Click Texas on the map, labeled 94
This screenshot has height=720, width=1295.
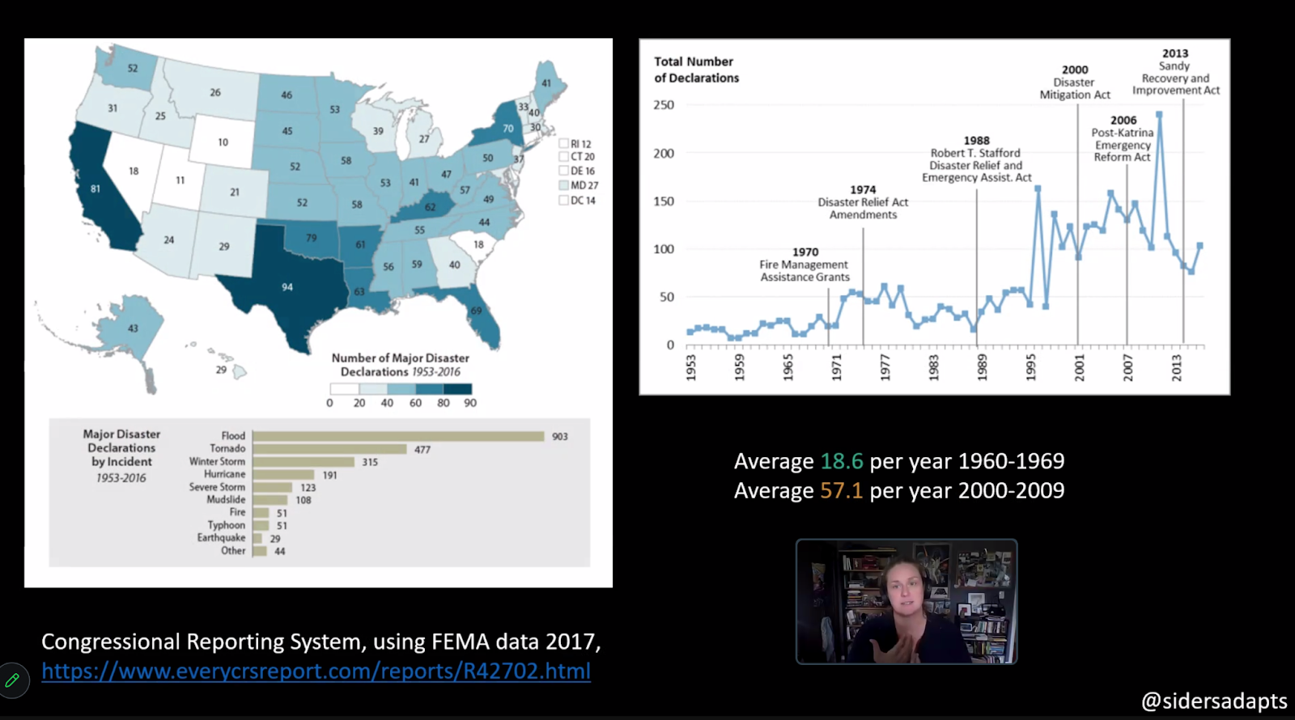[287, 287]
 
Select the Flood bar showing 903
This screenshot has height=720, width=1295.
[398, 436]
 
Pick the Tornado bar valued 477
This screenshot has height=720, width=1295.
[329, 449]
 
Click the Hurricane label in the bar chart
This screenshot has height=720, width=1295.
[224, 474]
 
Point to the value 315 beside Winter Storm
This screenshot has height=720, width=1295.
[370, 462]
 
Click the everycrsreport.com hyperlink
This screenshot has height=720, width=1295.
[316, 671]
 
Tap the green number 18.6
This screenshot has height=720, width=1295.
[842, 461]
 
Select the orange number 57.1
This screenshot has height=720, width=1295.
[842, 490]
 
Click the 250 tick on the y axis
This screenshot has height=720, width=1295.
[664, 105]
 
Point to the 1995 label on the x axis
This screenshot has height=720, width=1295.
[1030, 366]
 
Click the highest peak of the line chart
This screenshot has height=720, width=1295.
[1159, 115]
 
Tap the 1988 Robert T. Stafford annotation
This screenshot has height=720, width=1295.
[976, 159]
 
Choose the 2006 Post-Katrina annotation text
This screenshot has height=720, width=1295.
[1123, 139]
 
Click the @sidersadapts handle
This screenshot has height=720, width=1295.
[1213, 701]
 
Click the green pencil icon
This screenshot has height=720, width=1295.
[12, 680]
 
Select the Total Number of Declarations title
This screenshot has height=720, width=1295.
[696, 70]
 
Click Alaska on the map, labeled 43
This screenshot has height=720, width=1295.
[133, 328]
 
